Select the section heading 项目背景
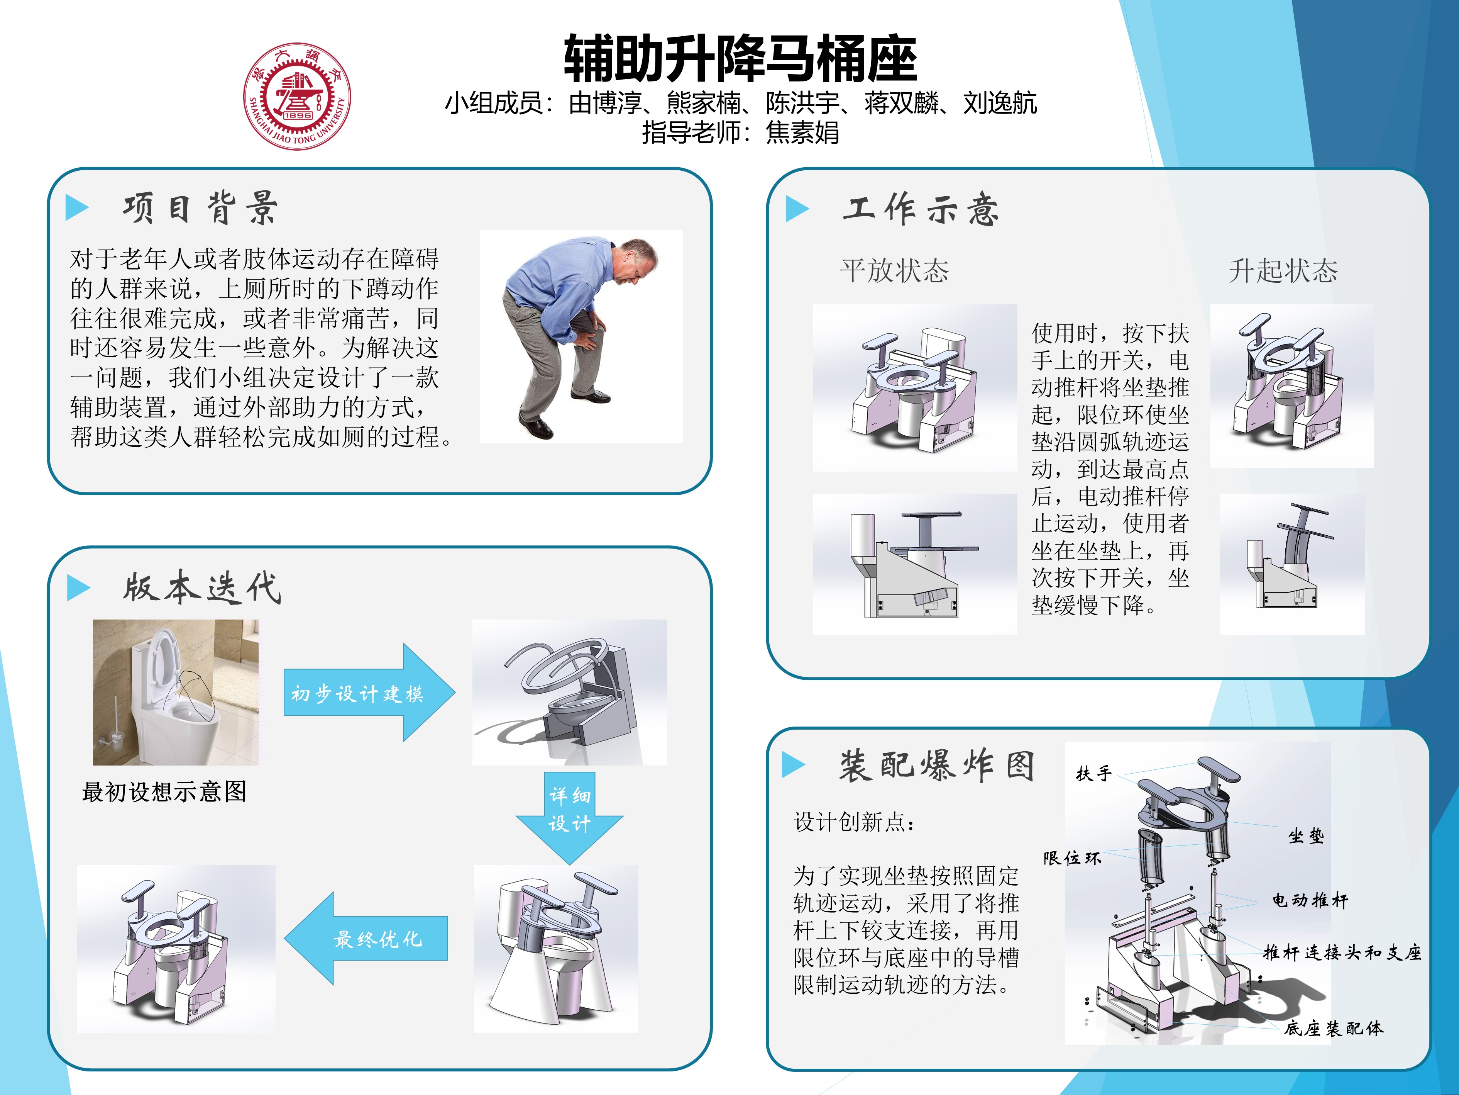click(x=200, y=209)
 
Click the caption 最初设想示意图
click(x=164, y=791)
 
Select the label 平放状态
click(x=894, y=271)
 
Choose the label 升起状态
click(x=1283, y=271)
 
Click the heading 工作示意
click(x=921, y=209)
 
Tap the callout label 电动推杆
click(x=1311, y=900)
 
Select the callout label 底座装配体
click(x=1334, y=1028)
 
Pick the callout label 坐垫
click(x=1306, y=836)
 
